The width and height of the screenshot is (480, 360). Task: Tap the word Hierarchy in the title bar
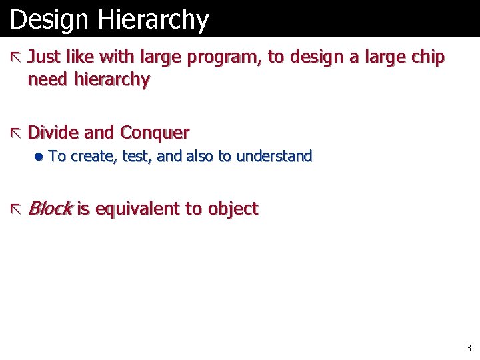(x=153, y=20)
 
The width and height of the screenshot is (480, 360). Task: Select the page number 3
(x=469, y=347)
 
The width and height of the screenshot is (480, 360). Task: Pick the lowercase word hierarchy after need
(x=112, y=80)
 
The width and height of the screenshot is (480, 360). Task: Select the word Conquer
(x=155, y=133)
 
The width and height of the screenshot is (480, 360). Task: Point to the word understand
(x=274, y=157)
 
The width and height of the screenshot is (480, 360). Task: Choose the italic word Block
(x=50, y=209)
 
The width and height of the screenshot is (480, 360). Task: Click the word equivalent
(x=138, y=209)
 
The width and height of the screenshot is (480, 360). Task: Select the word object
(x=233, y=209)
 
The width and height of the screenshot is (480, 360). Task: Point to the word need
(x=48, y=80)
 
